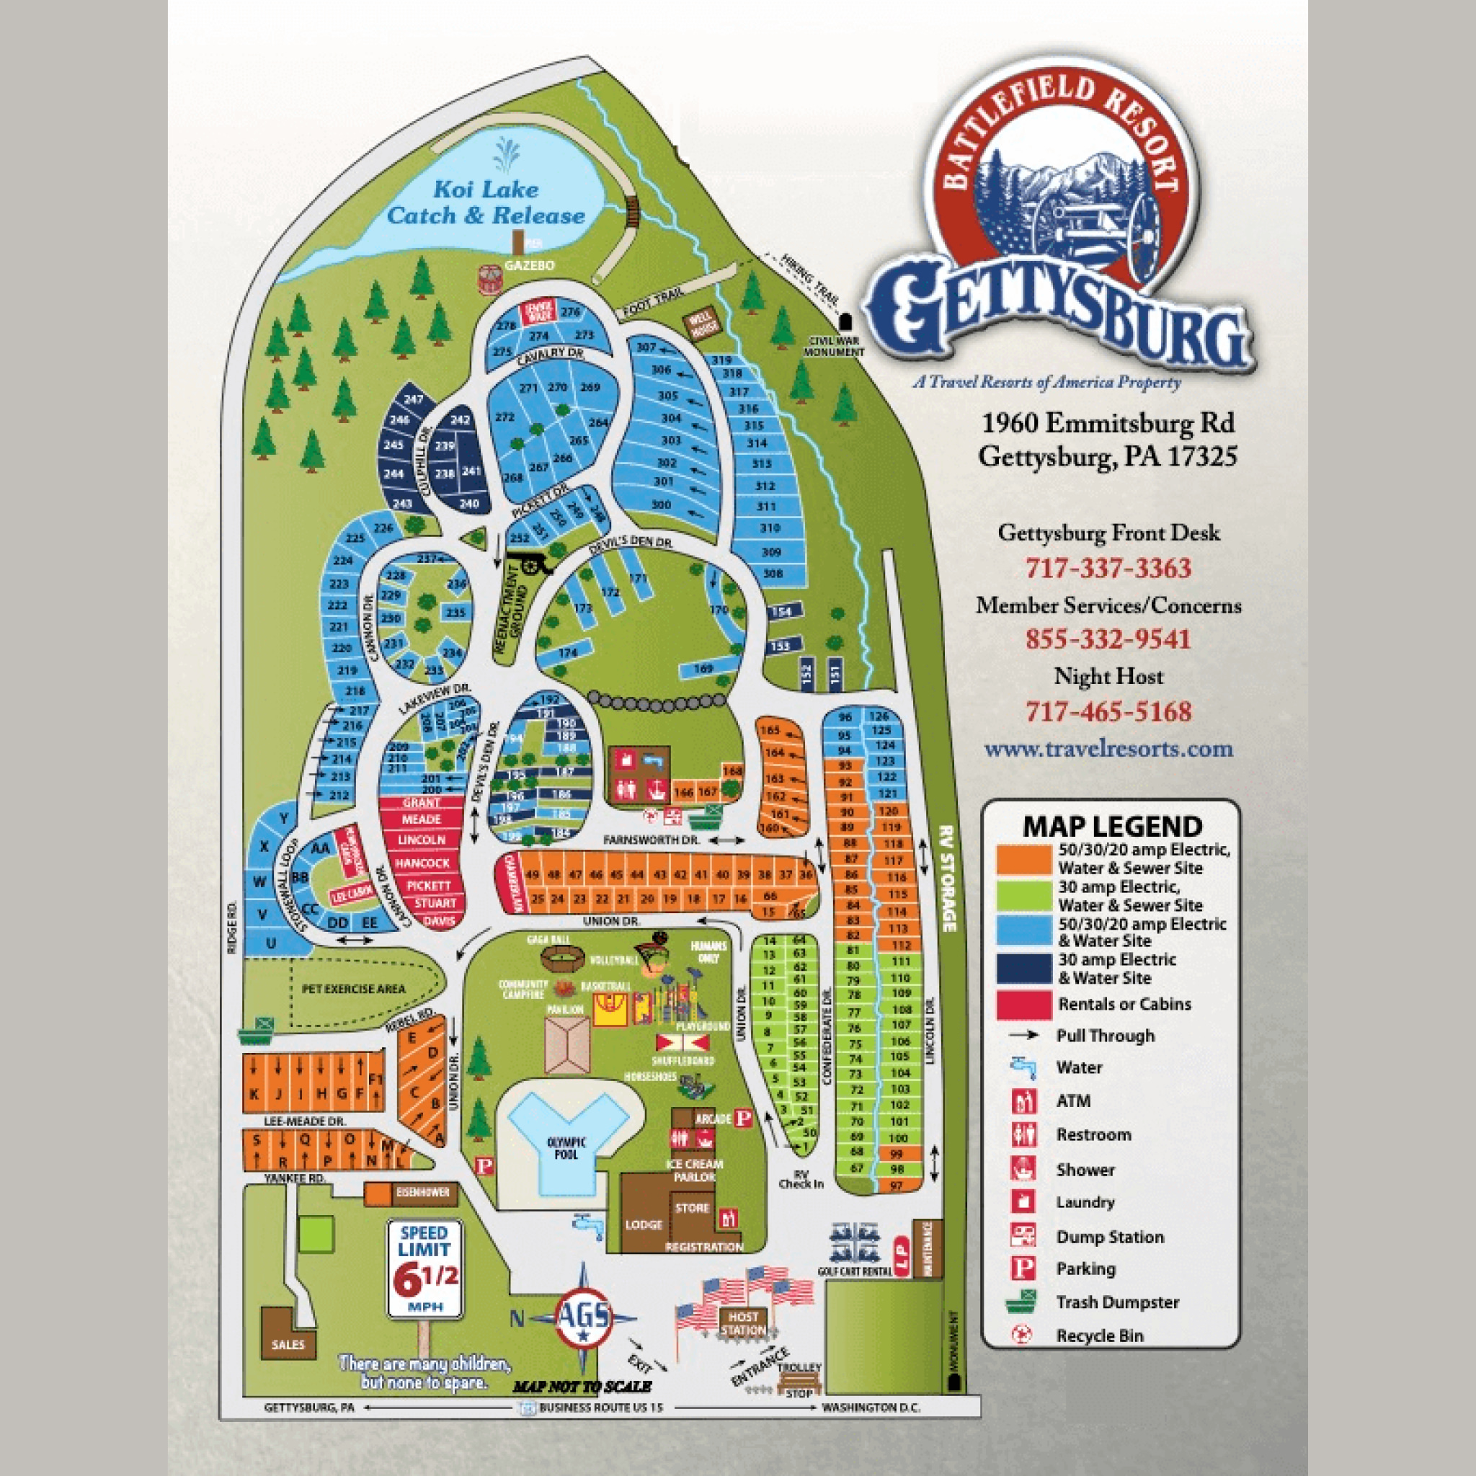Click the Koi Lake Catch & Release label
tap(486, 203)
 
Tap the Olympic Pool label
tap(566, 1148)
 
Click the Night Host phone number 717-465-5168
tap(1108, 711)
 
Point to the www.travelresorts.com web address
tap(1108, 748)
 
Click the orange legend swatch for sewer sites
tap(1023, 858)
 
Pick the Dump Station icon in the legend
tap(1022, 1235)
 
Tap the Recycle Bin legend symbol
tap(1022, 1335)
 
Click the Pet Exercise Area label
tap(354, 989)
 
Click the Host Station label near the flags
tap(742, 1323)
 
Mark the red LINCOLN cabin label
tap(422, 840)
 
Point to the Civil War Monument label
tap(834, 346)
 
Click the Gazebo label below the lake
tap(529, 265)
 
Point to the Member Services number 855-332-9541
tap(1108, 639)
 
